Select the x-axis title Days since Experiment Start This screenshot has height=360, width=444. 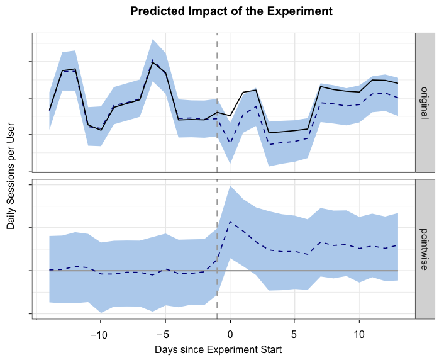pyautogui.click(x=218, y=348)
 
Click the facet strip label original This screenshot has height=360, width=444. pyautogui.click(x=425, y=101)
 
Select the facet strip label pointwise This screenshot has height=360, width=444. pyautogui.click(x=425, y=250)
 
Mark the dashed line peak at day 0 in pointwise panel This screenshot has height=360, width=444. pyautogui.click(x=230, y=222)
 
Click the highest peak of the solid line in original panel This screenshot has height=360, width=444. pyautogui.click(x=152, y=60)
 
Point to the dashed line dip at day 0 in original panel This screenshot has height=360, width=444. pyautogui.click(x=230, y=143)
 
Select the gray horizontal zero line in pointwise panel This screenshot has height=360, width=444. pyautogui.click(x=314, y=270)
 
